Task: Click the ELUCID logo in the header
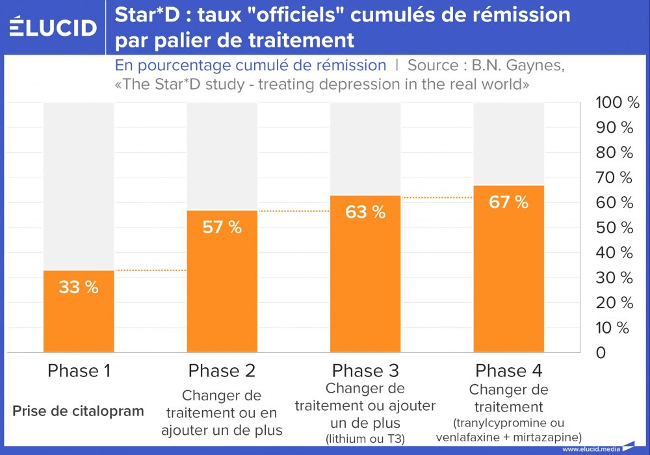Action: click(54, 27)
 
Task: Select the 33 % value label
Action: click(79, 287)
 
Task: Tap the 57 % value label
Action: click(222, 227)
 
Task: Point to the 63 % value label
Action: click(365, 212)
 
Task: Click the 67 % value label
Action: click(508, 201)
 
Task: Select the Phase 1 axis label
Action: click(79, 371)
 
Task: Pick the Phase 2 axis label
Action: click(222, 371)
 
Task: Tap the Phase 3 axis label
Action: click(365, 371)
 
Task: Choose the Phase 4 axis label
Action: click(508, 371)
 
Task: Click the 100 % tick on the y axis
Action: click(617, 103)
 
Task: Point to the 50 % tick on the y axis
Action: click(614, 227)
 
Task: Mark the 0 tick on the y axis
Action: click(601, 353)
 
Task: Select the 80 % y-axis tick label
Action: click(614, 153)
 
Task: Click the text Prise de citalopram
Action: click(78, 411)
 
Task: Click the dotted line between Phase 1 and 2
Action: click(150, 270)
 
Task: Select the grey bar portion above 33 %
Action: click(79, 185)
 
